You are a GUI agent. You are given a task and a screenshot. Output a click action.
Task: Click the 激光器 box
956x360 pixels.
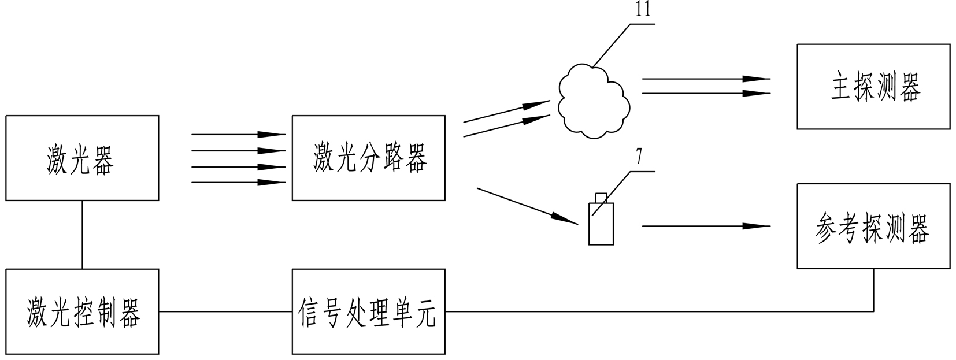(x=82, y=158)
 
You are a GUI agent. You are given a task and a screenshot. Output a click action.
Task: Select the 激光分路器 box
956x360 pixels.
(x=368, y=158)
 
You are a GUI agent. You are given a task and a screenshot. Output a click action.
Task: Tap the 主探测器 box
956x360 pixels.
(x=873, y=87)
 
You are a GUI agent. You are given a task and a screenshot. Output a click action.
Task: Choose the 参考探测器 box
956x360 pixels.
(x=873, y=226)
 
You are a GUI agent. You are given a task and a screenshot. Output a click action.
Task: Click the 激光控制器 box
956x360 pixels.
(x=82, y=311)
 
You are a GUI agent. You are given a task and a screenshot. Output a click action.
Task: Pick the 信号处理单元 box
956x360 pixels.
(x=368, y=311)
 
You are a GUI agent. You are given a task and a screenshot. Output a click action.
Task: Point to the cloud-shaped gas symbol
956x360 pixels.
(x=594, y=102)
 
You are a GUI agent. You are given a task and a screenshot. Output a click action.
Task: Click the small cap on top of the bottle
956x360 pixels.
(x=601, y=198)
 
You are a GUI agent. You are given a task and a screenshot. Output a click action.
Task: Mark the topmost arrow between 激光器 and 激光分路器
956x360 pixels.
(x=238, y=134)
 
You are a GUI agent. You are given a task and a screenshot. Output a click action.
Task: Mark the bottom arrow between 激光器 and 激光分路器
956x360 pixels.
(x=238, y=183)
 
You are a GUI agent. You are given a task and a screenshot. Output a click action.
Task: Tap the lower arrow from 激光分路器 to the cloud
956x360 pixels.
(x=506, y=126)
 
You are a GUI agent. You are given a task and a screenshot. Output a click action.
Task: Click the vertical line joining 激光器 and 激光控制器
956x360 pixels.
(x=82, y=235)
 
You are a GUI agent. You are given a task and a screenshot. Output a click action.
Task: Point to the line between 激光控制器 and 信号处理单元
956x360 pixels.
(x=225, y=311)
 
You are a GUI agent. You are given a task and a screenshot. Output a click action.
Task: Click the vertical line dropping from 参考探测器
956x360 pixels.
(x=873, y=289)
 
